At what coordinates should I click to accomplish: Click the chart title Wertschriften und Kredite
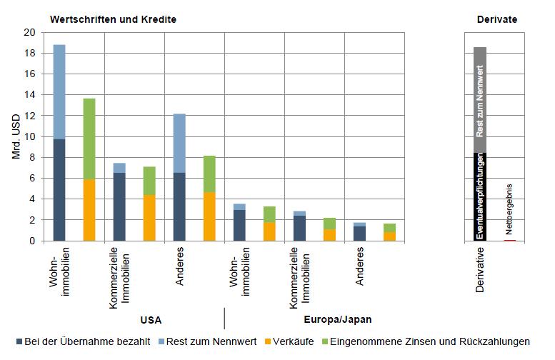[x=113, y=19]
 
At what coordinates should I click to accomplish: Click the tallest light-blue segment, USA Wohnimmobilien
[x=59, y=91]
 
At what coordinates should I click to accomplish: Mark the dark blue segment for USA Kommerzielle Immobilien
[x=119, y=206]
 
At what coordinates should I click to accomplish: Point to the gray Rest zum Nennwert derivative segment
[x=480, y=100]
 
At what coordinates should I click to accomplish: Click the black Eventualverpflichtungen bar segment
[x=480, y=196]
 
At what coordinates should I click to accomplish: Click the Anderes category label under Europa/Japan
[x=360, y=266]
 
